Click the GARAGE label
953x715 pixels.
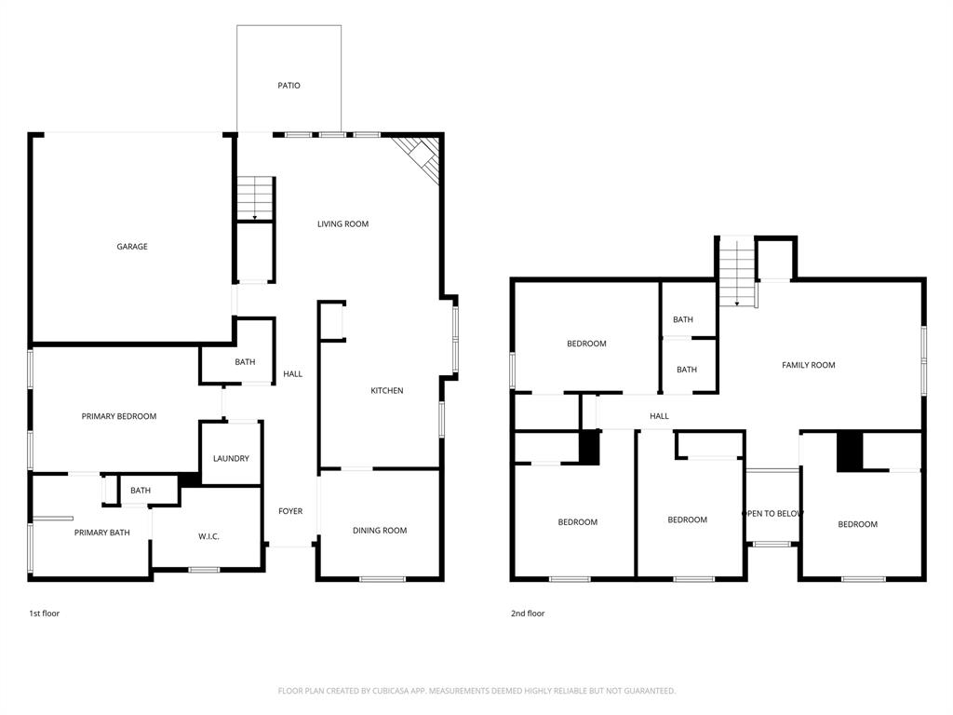(132, 247)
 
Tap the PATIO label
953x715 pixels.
(289, 86)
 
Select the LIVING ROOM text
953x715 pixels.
(342, 224)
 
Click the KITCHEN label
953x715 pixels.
(387, 391)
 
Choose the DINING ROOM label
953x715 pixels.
(380, 531)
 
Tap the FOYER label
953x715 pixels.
(290, 511)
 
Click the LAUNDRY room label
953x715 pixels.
(231, 459)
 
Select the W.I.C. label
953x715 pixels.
(208, 536)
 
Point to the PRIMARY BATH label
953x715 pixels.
(101, 533)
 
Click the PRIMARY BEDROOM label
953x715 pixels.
(119, 416)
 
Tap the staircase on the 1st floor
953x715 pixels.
(255, 197)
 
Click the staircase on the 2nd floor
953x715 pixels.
(737, 271)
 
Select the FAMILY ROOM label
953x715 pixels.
(808, 365)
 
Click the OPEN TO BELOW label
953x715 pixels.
(772, 514)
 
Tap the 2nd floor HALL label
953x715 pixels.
(659, 416)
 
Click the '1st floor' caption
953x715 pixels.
(44, 614)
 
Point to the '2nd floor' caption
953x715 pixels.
(528, 614)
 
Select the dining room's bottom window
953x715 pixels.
(383, 580)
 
